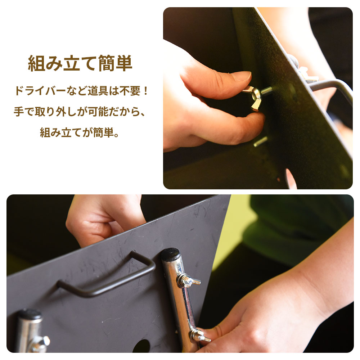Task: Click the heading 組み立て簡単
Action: [80, 63]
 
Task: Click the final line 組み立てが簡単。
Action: [80, 132]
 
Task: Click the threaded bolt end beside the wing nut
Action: [267, 91]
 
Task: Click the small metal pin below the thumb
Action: [261, 141]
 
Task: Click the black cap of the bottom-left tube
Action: [30, 314]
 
